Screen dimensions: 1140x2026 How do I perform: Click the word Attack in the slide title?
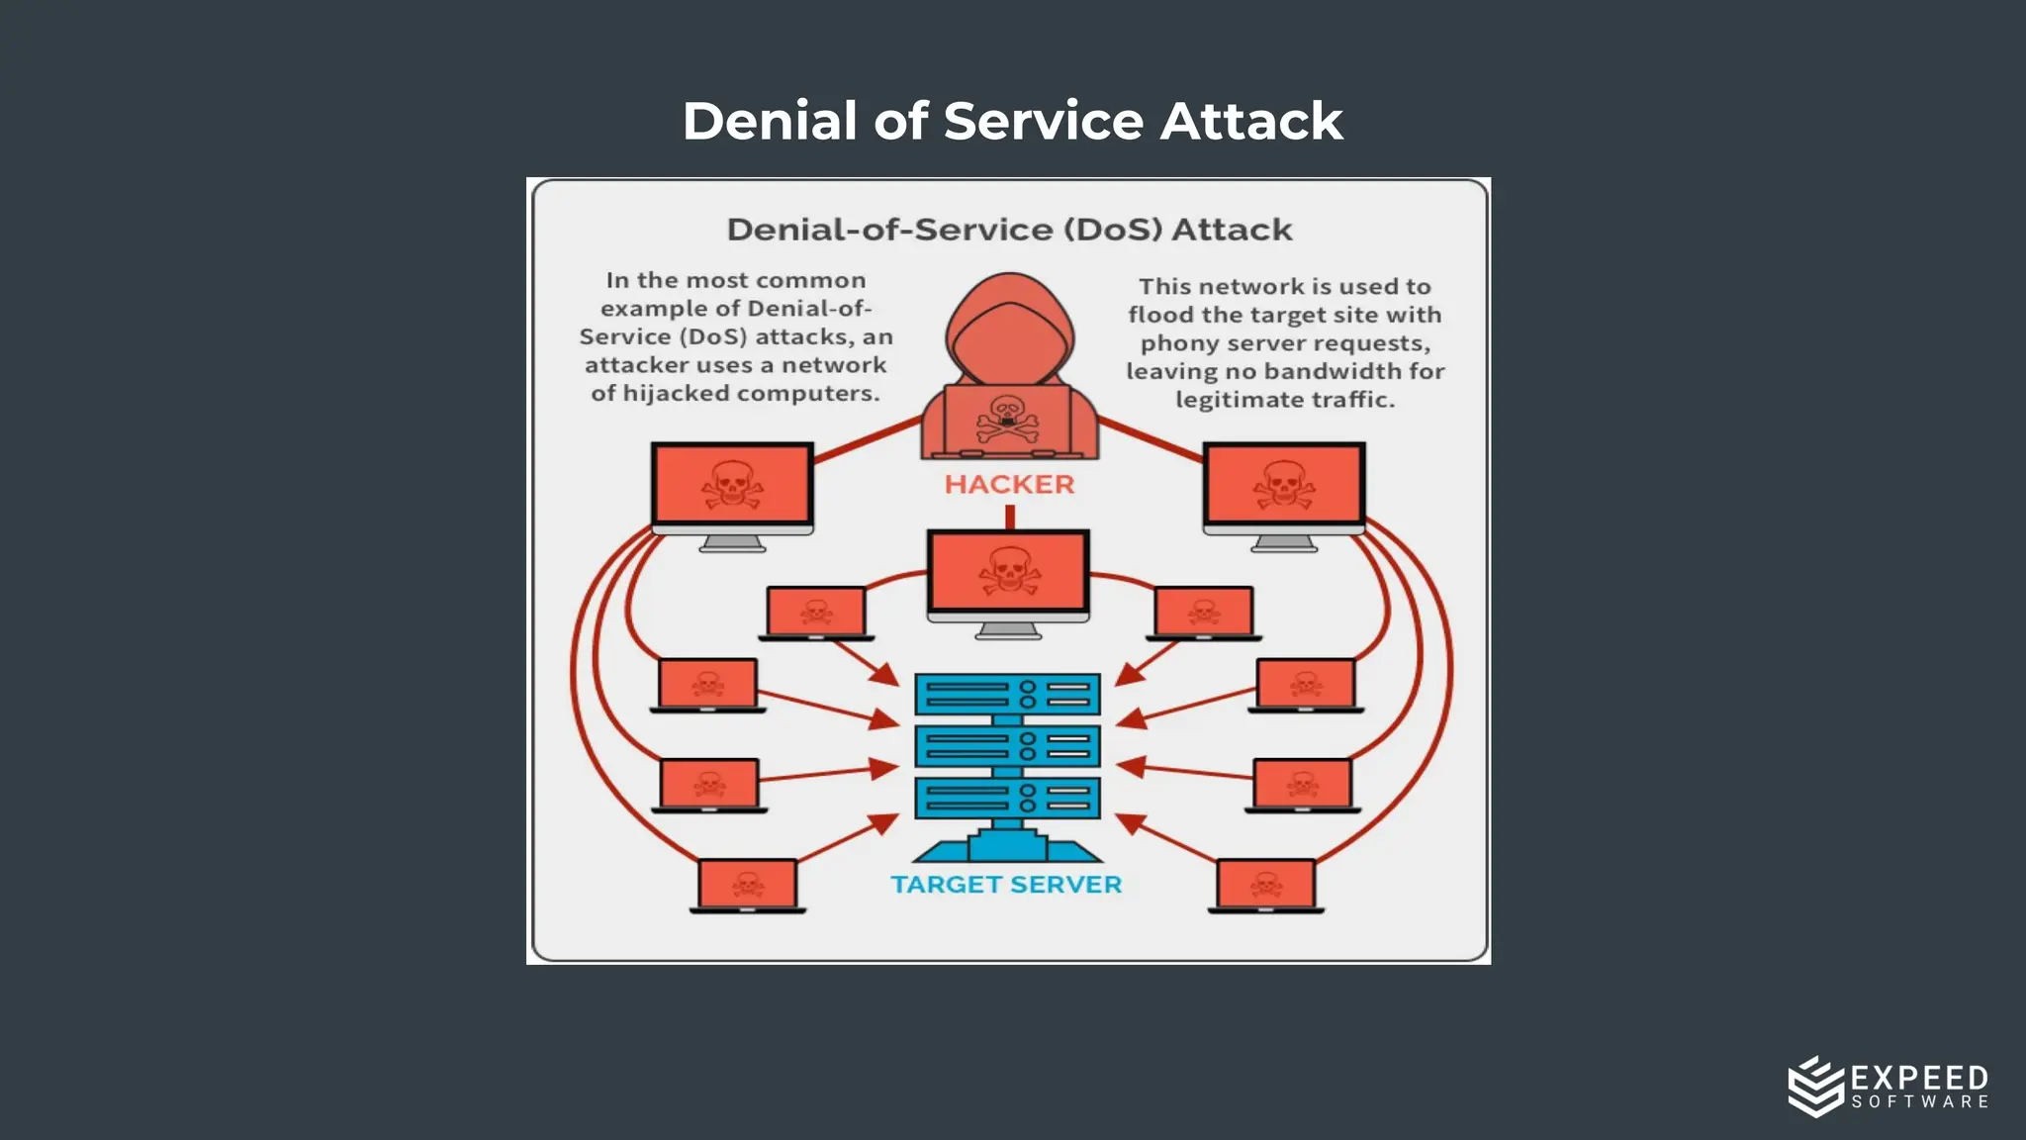[1250, 121]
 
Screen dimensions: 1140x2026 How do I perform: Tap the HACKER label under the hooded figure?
[1009, 484]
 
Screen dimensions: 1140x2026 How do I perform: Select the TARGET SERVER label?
[1006, 884]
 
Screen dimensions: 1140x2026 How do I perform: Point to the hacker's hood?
[1009, 327]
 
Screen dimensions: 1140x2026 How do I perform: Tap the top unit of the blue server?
[1007, 694]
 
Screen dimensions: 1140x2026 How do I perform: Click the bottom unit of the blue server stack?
[1007, 798]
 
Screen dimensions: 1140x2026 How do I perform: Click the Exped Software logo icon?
[1815, 1086]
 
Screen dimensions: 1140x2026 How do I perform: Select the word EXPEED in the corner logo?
[1919, 1078]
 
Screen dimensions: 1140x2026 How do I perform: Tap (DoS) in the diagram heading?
[1113, 230]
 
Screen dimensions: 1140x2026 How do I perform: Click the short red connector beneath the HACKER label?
[1010, 517]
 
